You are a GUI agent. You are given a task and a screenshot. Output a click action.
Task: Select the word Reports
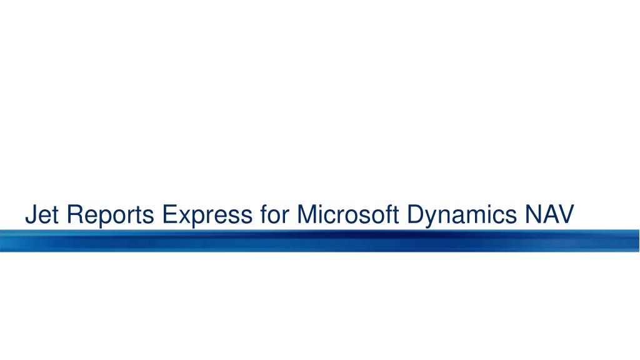tap(110, 215)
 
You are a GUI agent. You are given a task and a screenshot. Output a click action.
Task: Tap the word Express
tap(207, 215)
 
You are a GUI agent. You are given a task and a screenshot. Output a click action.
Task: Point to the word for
tap(275, 214)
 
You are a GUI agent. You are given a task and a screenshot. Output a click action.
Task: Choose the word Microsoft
tap(347, 214)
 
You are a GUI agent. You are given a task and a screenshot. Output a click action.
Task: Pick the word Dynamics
tap(462, 215)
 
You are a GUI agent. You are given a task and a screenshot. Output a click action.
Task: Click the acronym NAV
tap(550, 214)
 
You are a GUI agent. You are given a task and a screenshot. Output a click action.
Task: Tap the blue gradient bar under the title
tap(320, 241)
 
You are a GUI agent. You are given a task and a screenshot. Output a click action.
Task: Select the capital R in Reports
tap(76, 214)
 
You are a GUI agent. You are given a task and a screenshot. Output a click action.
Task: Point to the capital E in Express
tap(170, 214)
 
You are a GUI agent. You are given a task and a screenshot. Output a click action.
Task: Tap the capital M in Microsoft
tap(307, 214)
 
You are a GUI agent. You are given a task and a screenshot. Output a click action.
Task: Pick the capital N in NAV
tap(534, 214)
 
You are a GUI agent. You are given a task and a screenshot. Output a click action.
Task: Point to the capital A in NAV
tap(550, 214)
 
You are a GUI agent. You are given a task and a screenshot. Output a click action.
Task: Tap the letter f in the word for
tap(264, 214)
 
